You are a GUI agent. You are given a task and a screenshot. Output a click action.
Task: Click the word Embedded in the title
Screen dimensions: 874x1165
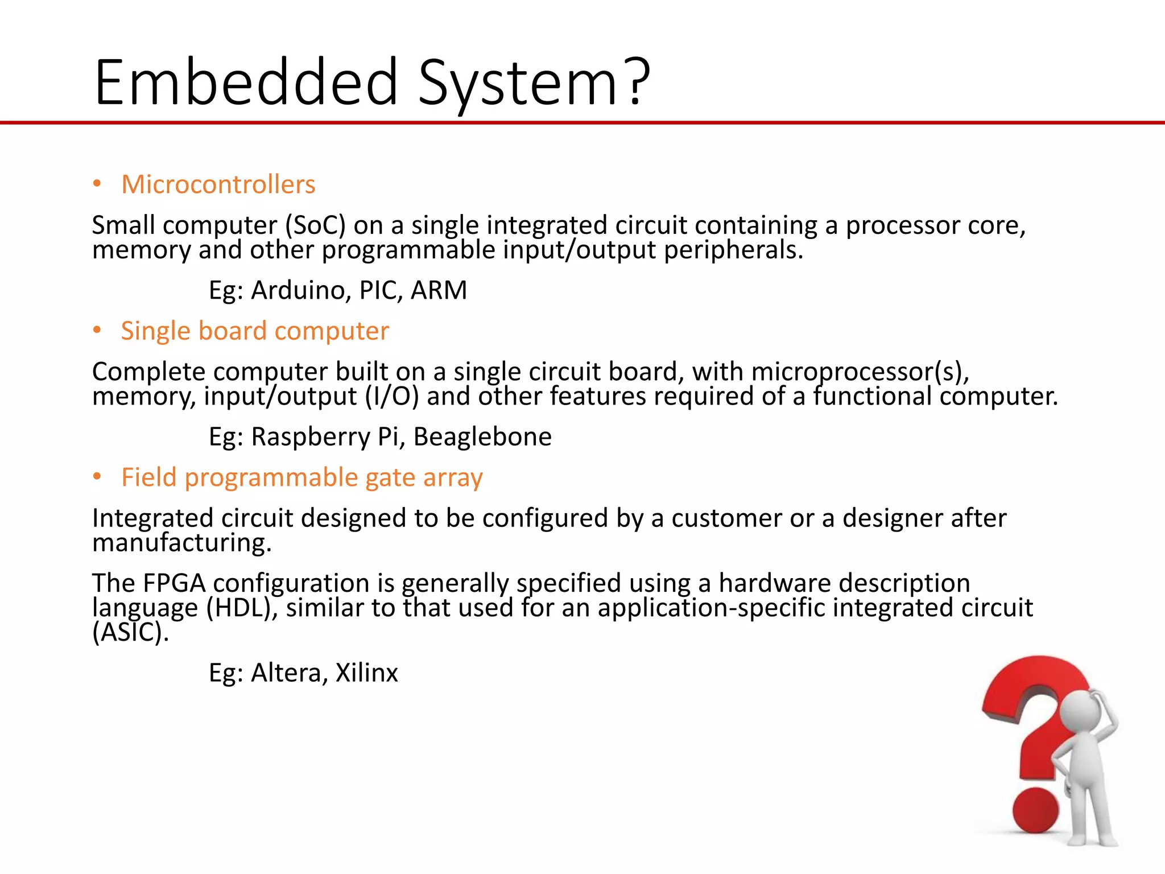tap(246, 83)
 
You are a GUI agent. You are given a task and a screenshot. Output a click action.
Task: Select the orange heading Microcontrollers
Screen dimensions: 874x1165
tap(218, 184)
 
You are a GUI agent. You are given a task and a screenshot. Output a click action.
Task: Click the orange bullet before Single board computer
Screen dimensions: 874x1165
tap(97, 330)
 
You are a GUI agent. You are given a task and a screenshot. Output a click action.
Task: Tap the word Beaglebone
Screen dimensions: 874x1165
tap(482, 437)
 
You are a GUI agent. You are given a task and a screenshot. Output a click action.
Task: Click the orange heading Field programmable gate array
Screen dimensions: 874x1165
tap(301, 477)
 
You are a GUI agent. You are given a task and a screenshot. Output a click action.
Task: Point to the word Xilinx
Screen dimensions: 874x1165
tap(366, 673)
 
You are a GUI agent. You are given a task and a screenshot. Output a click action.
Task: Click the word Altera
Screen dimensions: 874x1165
tap(288, 673)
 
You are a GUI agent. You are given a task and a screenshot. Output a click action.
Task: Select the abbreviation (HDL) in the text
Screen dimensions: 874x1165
tap(241, 608)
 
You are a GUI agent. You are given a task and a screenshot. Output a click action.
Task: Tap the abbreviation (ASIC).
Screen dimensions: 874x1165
tap(130, 632)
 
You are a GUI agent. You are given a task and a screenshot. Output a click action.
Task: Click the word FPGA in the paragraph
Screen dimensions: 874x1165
tap(173, 583)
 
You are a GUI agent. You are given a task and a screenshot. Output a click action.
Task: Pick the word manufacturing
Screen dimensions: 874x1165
tap(181, 543)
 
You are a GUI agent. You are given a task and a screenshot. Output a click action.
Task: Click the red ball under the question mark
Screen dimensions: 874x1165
tap(1035, 810)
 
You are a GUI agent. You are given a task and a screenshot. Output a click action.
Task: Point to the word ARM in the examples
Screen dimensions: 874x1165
tap(439, 290)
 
